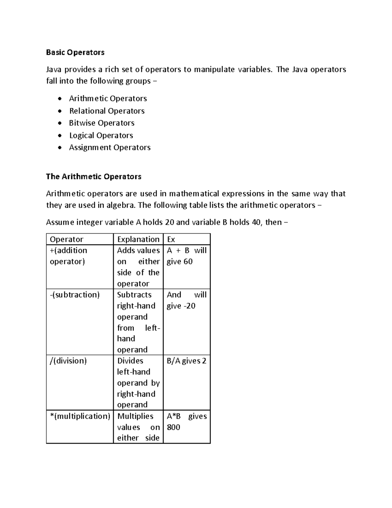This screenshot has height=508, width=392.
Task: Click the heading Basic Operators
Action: click(x=75, y=52)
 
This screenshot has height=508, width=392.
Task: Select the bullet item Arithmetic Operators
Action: click(x=108, y=98)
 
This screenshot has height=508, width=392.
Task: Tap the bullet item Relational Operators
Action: click(x=107, y=111)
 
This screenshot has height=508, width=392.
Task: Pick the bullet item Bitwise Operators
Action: click(x=102, y=123)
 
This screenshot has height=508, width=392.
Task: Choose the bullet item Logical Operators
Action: click(x=101, y=135)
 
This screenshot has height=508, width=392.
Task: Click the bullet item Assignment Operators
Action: click(x=110, y=148)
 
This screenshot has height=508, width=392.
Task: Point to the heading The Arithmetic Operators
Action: click(x=93, y=177)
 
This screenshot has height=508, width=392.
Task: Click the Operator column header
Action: click(x=67, y=239)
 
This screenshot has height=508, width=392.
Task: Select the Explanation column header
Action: click(x=138, y=239)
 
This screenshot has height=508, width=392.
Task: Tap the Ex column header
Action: click(x=171, y=239)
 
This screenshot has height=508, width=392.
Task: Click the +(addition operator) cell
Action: click(x=69, y=256)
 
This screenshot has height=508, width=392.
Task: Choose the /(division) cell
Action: click(x=68, y=361)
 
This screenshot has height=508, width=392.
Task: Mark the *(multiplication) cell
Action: click(x=80, y=416)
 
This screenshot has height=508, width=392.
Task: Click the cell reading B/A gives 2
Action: click(x=187, y=361)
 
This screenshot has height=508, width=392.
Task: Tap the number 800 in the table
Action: click(x=173, y=427)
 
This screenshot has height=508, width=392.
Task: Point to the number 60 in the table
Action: click(x=188, y=262)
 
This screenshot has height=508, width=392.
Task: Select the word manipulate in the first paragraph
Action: click(x=214, y=69)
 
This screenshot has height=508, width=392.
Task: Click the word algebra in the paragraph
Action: click(x=121, y=205)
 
